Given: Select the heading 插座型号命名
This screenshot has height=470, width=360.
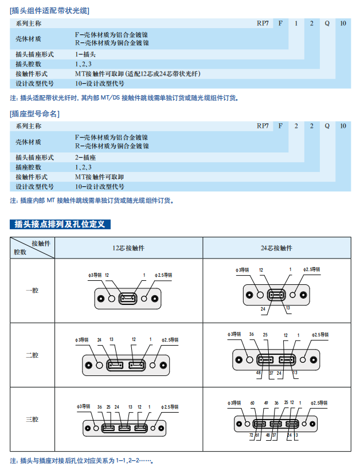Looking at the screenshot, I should click(x=35, y=113).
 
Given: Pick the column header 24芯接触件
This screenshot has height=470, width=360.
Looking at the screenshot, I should click(x=276, y=248).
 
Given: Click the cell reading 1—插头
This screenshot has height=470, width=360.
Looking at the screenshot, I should click(x=85, y=54).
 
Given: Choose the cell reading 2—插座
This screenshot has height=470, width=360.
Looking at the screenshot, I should click(x=85, y=157).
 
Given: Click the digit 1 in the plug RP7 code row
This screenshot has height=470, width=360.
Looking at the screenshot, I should click(x=296, y=23).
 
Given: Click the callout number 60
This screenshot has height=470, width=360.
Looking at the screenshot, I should click(x=253, y=403).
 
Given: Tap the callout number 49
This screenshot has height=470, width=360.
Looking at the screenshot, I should click(x=267, y=403).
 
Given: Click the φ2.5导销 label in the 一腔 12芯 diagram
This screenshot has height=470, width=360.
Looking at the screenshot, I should click(x=164, y=275).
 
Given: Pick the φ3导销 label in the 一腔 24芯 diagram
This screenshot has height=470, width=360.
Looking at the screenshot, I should click(x=242, y=269).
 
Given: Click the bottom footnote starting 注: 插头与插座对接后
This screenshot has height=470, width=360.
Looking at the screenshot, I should click(x=83, y=460).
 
